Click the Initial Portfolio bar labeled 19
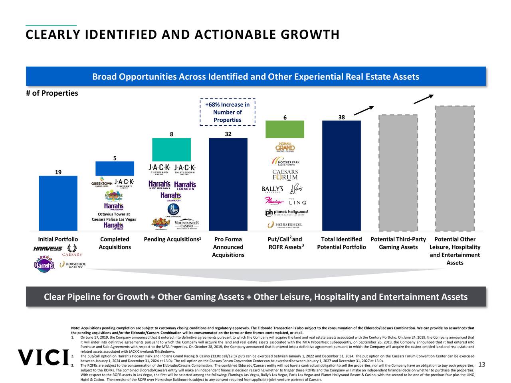click(58, 203)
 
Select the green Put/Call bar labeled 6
click(285, 129)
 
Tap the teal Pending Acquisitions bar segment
click(171, 150)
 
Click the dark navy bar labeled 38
click(341, 176)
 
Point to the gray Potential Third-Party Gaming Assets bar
click(398, 173)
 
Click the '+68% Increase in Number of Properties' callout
click(227, 112)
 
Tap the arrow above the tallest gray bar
click(424, 99)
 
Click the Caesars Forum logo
click(285, 175)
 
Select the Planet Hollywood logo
click(286, 213)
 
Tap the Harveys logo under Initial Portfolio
click(48, 249)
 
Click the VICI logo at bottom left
click(43, 357)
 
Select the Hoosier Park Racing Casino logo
click(285, 162)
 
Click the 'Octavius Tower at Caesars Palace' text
click(114, 217)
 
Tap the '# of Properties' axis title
click(52, 93)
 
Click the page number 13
click(481, 364)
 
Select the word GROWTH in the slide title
click(310, 35)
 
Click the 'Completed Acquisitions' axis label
click(115, 243)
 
